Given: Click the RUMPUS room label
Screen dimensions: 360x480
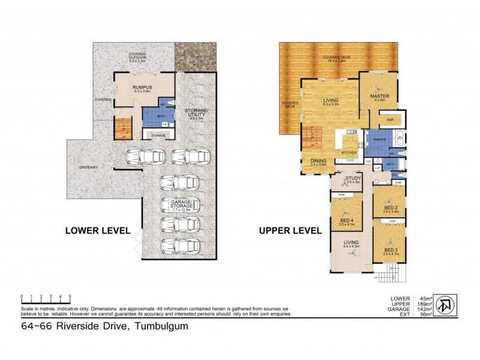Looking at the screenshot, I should (142, 88).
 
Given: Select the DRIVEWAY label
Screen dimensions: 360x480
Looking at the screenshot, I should (88, 166).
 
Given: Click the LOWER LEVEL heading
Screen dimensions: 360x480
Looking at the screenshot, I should (98, 230).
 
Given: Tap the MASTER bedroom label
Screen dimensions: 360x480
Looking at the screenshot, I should (381, 97).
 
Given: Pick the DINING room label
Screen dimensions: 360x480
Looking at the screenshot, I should (318, 161).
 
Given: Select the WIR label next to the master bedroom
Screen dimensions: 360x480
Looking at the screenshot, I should (389, 120).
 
